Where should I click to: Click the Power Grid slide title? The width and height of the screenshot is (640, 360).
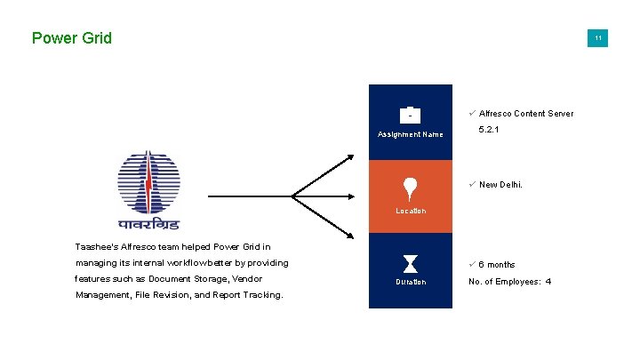[x=71, y=38]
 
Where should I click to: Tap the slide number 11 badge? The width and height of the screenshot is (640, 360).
[x=598, y=38]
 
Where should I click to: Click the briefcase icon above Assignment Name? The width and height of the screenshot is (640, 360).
[x=410, y=115]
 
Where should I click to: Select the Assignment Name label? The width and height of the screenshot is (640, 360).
[x=410, y=134]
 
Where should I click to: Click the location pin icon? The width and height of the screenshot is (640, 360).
[x=410, y=188]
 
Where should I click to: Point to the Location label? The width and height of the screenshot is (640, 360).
[x=410, y=211]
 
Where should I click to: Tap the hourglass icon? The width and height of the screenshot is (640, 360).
[x=410, y=263]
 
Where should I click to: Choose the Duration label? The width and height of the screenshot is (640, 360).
[x=410, y=282]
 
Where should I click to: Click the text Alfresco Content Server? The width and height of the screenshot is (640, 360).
[x=526, y=114]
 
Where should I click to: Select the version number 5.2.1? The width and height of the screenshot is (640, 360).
[x=488, y=130]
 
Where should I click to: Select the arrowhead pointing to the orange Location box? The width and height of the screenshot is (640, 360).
[x=360, y=196]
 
